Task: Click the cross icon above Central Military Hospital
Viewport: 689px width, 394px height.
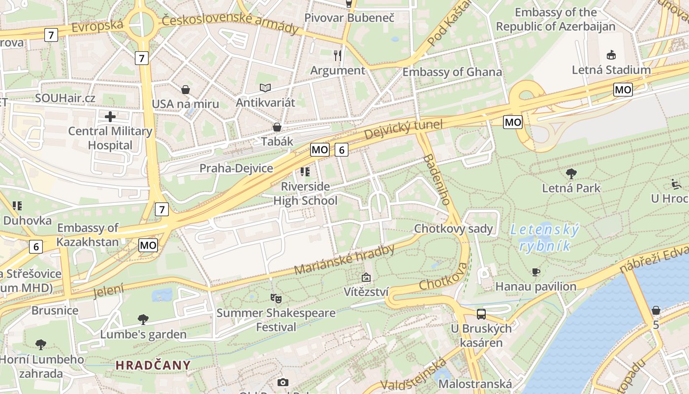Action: coord(110,117)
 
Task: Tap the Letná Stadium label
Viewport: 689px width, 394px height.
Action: coord(611,69)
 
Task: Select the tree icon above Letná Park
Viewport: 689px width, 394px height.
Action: coord(571,173)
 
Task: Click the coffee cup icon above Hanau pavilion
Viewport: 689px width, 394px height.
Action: coord(536,272)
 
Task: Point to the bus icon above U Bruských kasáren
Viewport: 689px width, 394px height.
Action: coord(481,314)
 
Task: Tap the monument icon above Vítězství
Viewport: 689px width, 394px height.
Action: coord(366,277)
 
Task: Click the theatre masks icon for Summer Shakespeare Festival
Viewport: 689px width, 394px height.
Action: coord(276,298)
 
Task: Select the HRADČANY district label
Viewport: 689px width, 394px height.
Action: coord(153,365)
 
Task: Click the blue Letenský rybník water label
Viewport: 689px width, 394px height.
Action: coord(544,237)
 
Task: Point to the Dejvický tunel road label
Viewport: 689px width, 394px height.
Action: coord(404,130)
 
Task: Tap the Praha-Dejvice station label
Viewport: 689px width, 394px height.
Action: coord(236,168)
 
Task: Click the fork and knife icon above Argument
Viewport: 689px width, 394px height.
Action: coord(337,55)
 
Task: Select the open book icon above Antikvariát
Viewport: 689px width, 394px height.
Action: coord(265,88)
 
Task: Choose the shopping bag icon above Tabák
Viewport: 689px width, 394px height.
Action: coord(277,127)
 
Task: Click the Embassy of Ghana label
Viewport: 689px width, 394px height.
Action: coord(452,72)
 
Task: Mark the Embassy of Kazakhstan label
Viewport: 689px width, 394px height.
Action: coord(88,234)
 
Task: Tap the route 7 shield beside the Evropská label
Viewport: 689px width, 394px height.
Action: coord(51,35)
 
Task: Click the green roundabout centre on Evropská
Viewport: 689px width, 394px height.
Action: coord(140,24)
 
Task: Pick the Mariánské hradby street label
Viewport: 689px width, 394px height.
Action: coord(344,260)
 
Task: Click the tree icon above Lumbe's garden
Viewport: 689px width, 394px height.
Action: coord(143,320)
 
